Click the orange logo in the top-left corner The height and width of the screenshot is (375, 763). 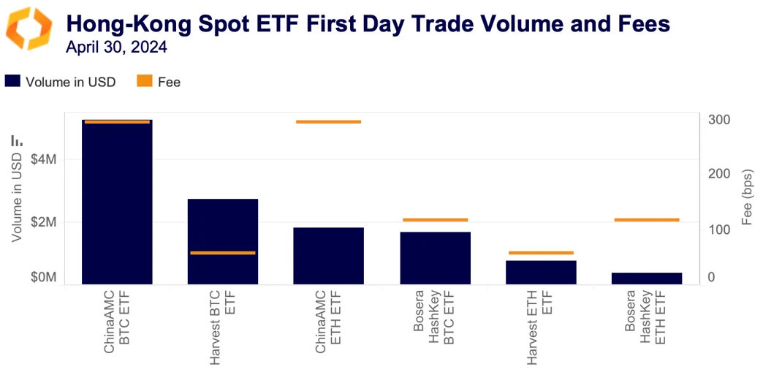[x=29, y=29]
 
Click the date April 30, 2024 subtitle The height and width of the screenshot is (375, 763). [x=116, y=48]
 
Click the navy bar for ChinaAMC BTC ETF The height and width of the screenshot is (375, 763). [x=117, y=205]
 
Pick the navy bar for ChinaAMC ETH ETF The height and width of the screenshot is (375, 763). [x=328, y=256]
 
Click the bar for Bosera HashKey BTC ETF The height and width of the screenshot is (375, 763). [x=435, y=258]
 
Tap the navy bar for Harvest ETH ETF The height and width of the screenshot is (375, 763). [x=541, y=272]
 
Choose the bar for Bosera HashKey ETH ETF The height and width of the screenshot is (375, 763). [x=647, y=278]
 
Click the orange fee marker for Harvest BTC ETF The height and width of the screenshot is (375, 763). [x=223, y=253]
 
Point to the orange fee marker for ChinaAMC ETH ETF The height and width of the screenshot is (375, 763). [x=328, y=121]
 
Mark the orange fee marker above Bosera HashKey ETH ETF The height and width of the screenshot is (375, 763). [x=647, y=219]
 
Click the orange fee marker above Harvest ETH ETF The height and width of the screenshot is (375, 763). [x=541, y=253]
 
